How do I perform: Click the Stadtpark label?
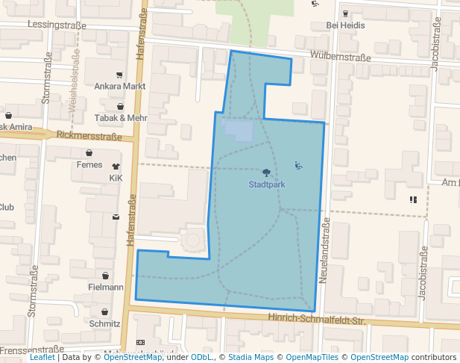pyautogui.click(x=267, y=184)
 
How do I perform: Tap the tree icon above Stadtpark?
pyautogui.click(x=267, y=173)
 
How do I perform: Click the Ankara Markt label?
pyautogui.click(x=119, y=86)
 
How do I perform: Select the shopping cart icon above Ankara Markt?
pyautogui.click(x=119, y=75)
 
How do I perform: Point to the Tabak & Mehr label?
pyautogui.click(x=121, y=118)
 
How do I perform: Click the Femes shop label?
pyautogui.click(x=89, y=164)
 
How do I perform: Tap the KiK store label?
pyautogui.click(x=116, y=179)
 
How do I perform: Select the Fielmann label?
pyautogui.click(x=105, y=287)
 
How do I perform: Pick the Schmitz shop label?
pyautogui.click(x=104, y=323)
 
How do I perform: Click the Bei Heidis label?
pyautogui.click(x=344, y=25)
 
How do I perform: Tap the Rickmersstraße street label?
pyautogui.click(x=89, y=137)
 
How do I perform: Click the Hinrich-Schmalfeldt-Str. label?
pyautogui.click(x=317, y=320)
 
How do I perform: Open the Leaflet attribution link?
pyautogui.click(x=42, y=358)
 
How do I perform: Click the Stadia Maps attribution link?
pyautogui.click(x=248, y=358)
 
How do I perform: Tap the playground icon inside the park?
pyautogui.click(x=298, y=166)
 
